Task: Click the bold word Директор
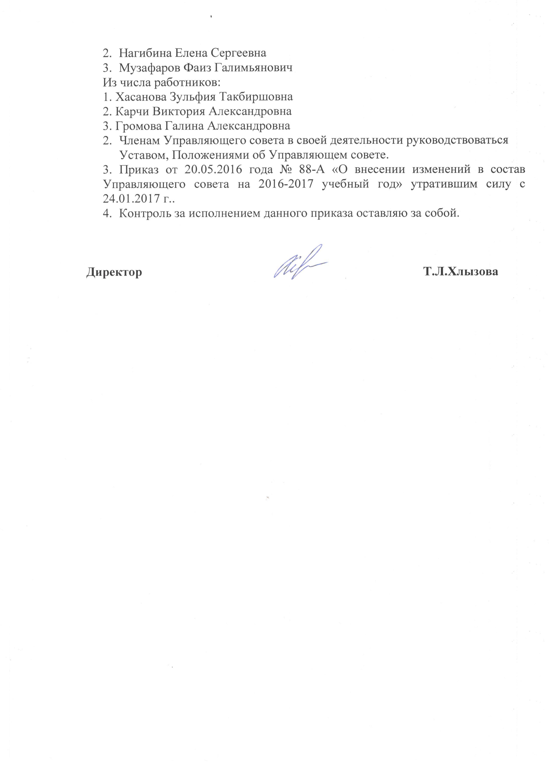114,272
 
